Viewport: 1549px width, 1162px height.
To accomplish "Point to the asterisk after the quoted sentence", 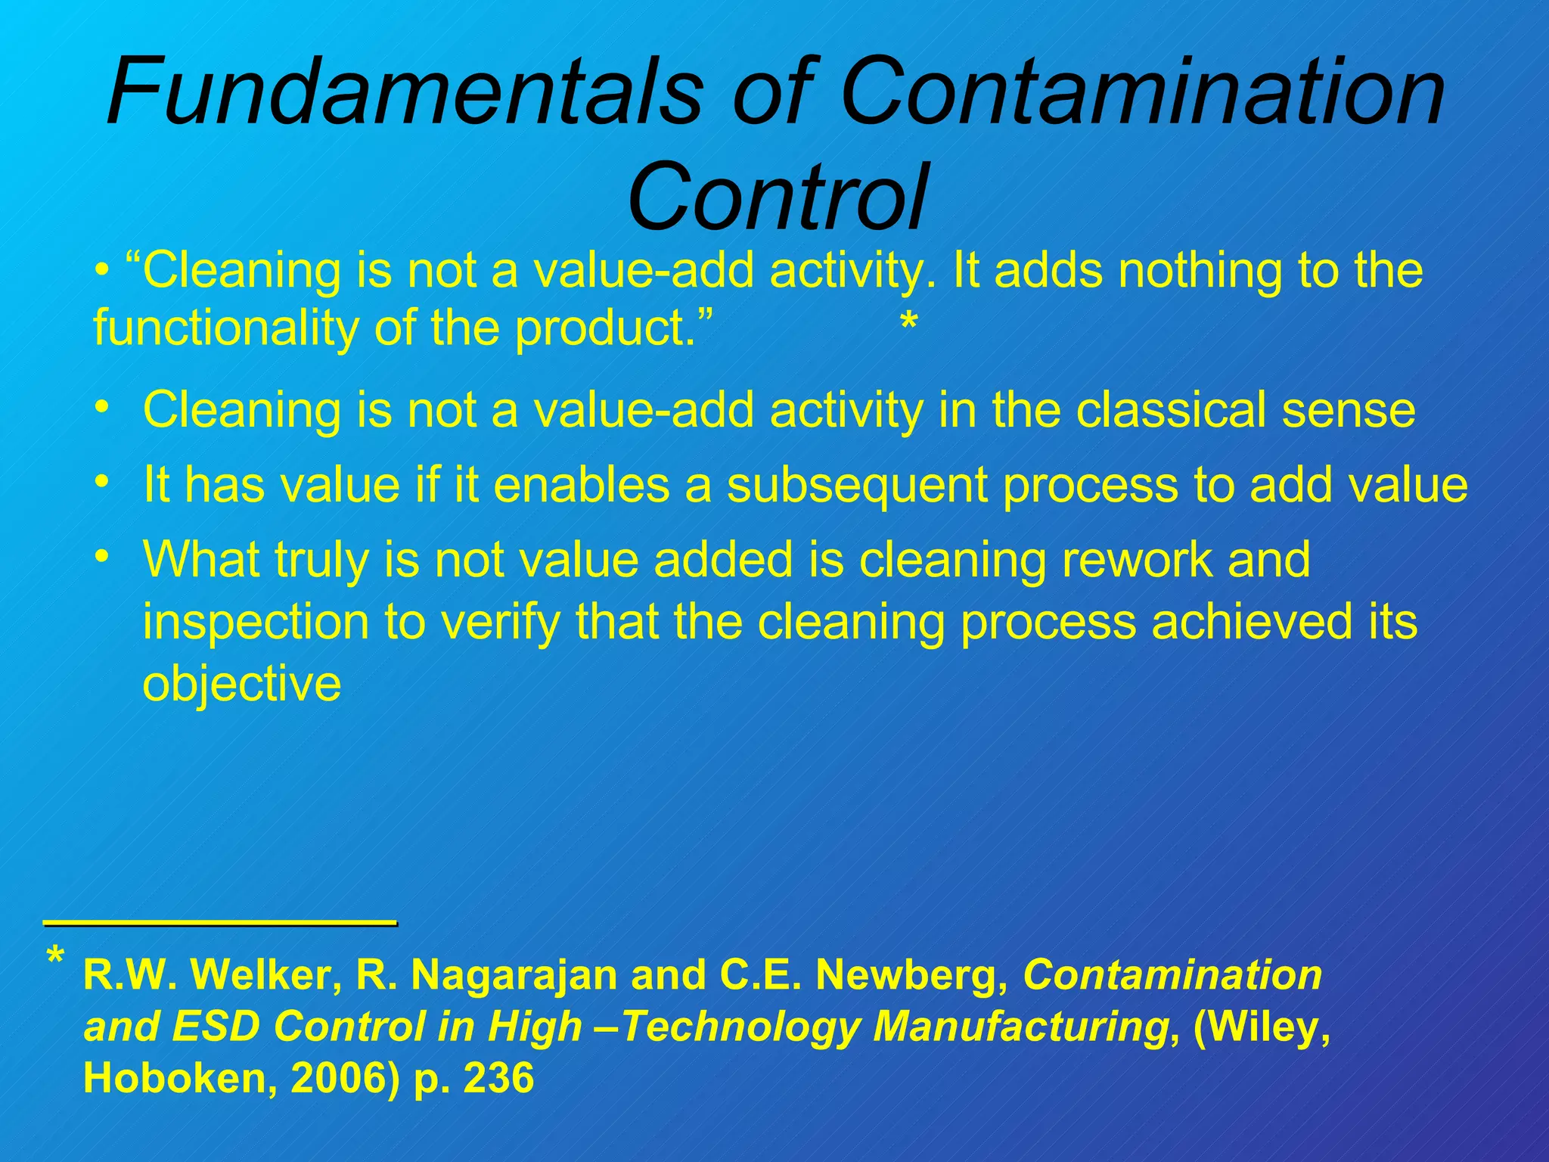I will (x=908, y=325).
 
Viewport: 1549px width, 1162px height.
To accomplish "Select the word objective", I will (x=242, y=684).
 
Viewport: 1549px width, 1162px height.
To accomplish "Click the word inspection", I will (x=256, y=622).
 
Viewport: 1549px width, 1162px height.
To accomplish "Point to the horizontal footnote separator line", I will (x=220, y=922).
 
